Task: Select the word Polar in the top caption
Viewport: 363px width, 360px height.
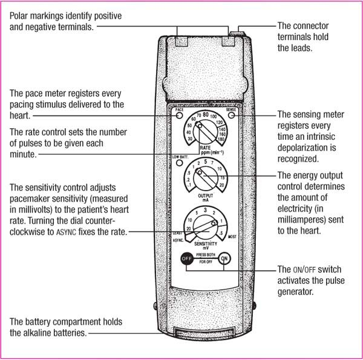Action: point(20,13)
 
